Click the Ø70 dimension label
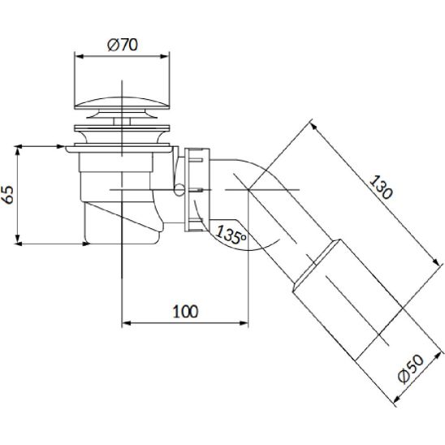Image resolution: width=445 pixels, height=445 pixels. coord(123,45)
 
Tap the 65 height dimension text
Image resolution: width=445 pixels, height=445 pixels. coord(9,194)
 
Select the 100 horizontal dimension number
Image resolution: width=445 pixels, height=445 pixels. coord(185,311)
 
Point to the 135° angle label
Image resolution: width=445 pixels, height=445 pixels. coord(231,235)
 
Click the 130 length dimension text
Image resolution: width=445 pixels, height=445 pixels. coord(381,187)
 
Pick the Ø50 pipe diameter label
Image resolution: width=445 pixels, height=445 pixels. coord(410,369)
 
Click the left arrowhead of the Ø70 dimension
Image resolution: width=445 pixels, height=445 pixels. coord(79,57)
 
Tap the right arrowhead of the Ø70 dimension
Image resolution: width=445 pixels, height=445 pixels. coord(165,57)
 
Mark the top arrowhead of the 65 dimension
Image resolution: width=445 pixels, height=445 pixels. coord(18,150)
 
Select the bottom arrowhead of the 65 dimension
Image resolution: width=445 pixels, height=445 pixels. coord(18,239)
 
